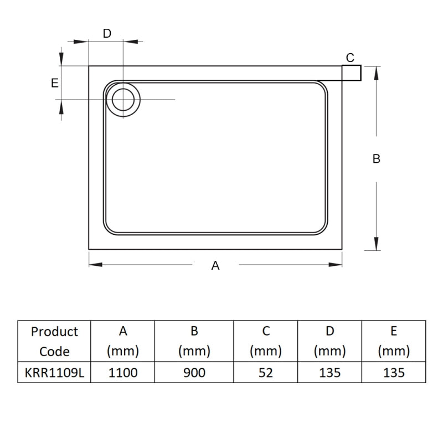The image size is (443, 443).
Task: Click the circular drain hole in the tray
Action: (x=122, y=100)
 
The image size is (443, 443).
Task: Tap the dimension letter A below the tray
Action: (x=215, y=266)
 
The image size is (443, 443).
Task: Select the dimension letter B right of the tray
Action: (x=377, y=159)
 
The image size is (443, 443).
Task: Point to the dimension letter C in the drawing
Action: (x=350, y=58)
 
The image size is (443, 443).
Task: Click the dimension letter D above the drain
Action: (x=107, y=33)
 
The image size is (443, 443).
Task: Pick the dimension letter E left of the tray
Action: (x=54, y=83)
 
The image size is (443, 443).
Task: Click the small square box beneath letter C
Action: (x=352, y=73)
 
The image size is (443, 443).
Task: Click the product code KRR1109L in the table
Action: (x=54, y=373)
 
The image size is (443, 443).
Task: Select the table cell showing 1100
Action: (x=123, y=373)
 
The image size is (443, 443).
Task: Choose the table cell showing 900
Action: (x=194, y=373)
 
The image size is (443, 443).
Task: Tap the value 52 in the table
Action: (x=266, y=373)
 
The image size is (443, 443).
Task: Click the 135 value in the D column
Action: (x=329, y=373)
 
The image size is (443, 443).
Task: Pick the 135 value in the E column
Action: (x=394, y=373)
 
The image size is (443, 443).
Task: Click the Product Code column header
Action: (x=54, y=341)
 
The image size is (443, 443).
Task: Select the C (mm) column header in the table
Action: (x=266, y=341)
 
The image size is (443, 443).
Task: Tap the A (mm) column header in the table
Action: (x=123, y=341)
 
